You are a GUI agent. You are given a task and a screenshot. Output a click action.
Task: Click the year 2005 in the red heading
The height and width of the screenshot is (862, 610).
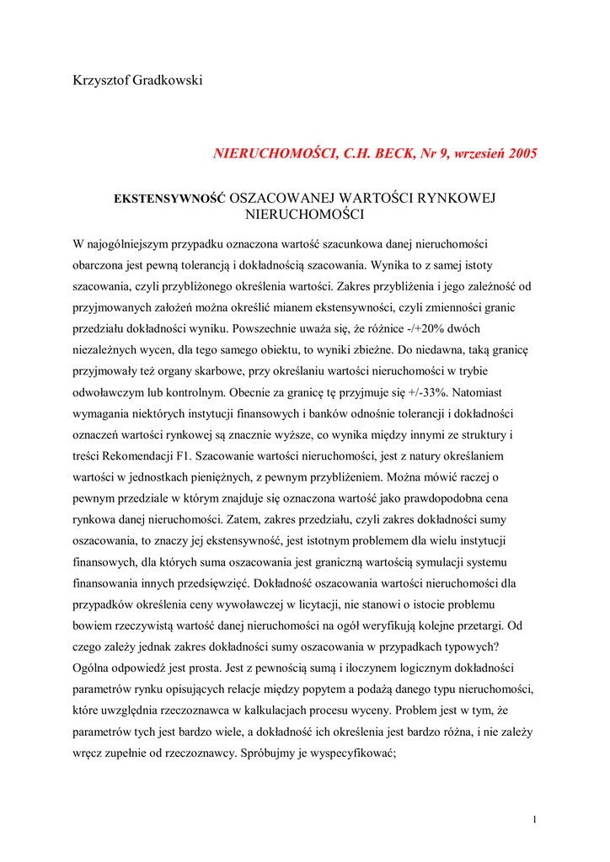coord(519,154)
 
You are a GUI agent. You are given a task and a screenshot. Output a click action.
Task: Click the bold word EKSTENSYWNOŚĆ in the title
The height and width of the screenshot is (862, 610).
coord(170,199)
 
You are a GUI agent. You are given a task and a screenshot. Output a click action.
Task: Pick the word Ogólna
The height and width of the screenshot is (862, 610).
coord(94,668)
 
